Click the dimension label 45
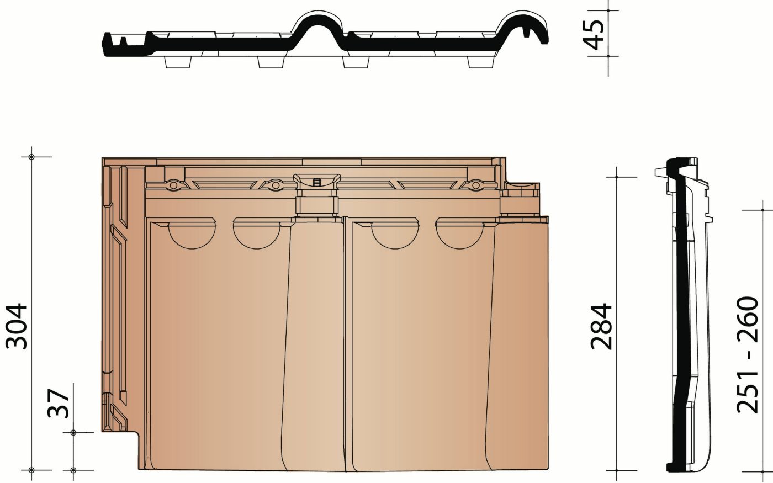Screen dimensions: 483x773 [595, 33]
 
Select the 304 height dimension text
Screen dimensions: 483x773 [17, 326]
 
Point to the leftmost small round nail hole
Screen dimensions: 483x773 [173, 186]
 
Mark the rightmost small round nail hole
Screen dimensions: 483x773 [475, 186]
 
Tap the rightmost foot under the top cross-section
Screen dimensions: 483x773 [480, 62]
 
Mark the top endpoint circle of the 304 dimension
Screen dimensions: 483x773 [32, 157]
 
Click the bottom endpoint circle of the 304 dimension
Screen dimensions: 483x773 [32, 470]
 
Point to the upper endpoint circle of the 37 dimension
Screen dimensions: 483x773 [73, 433]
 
